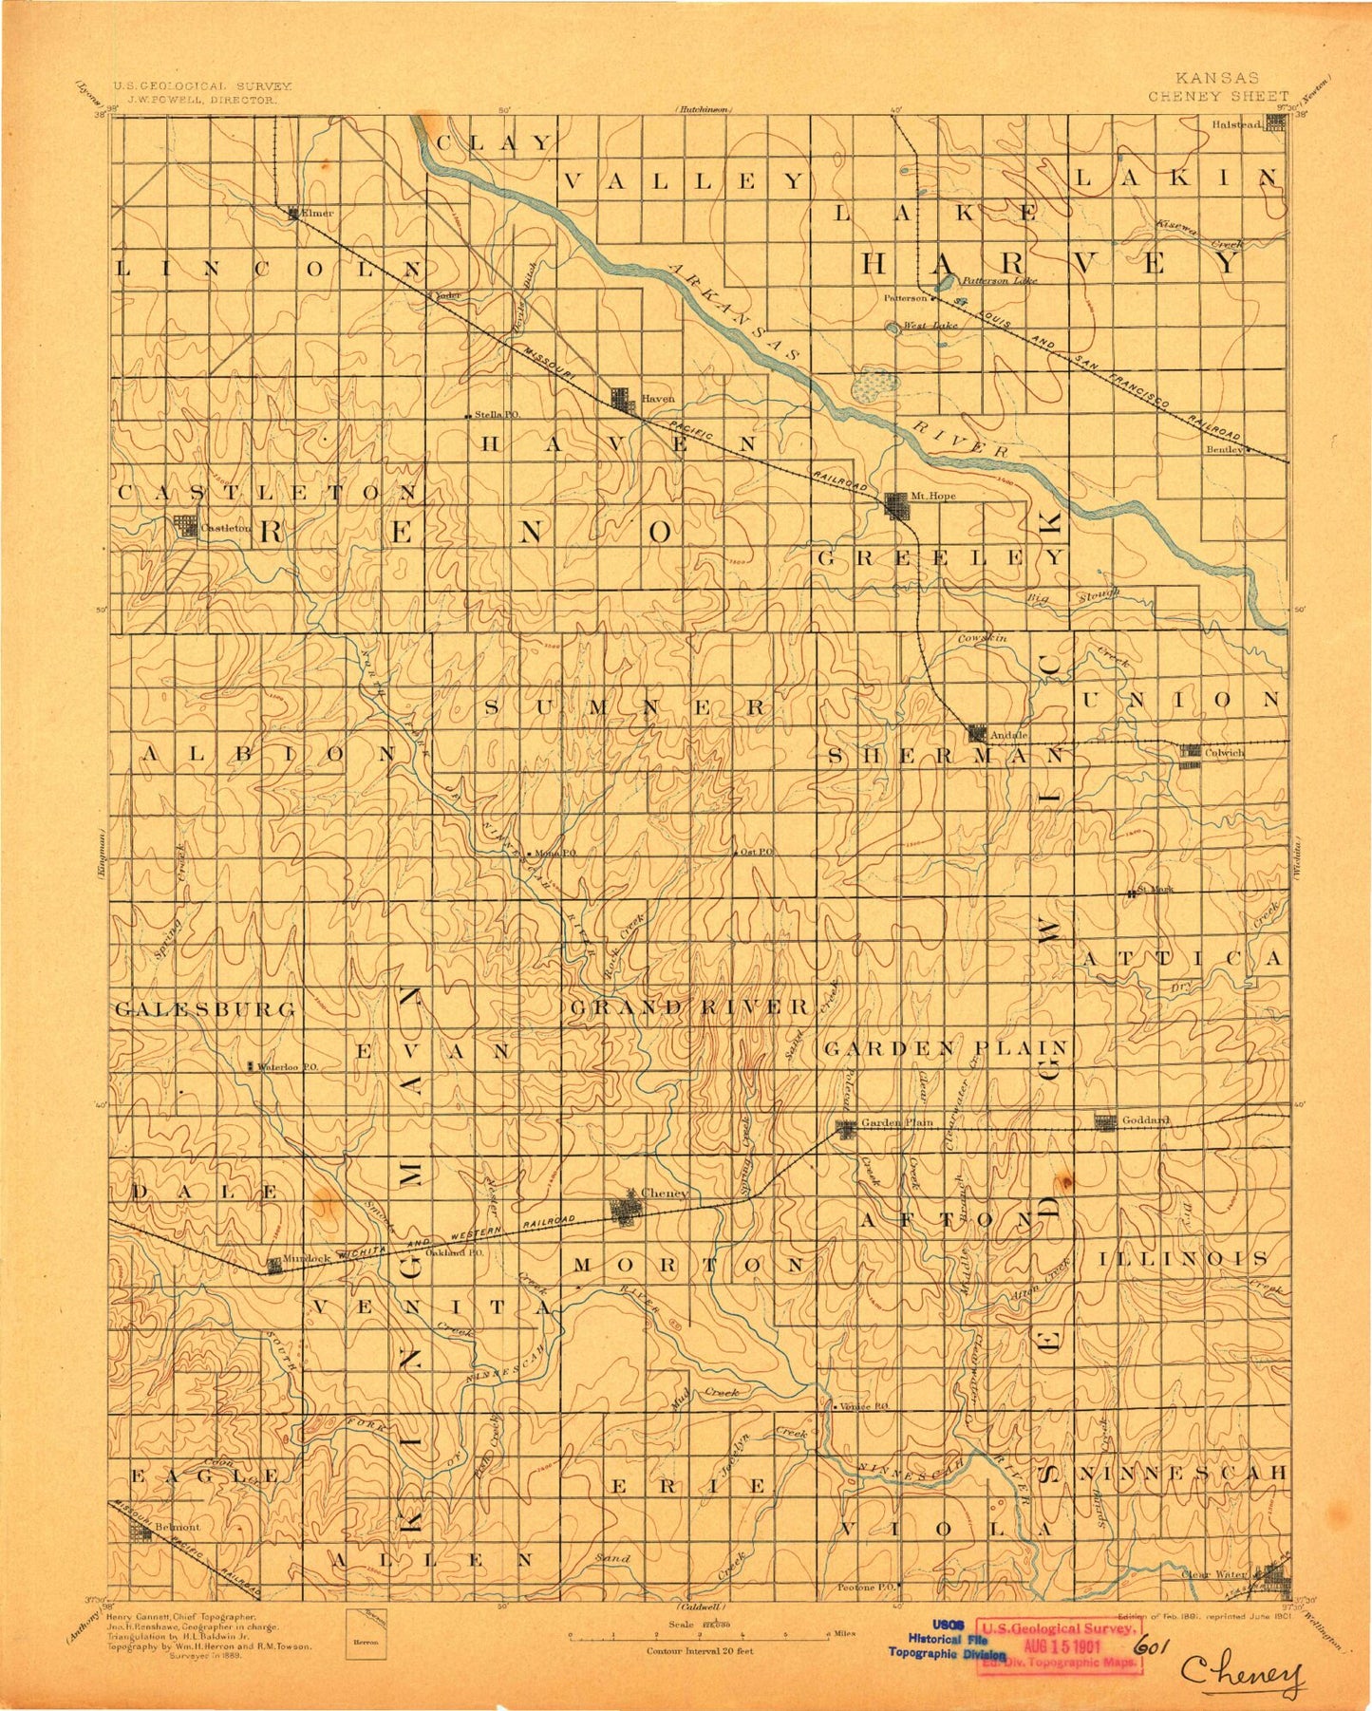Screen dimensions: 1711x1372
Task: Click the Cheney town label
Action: [664, 1193]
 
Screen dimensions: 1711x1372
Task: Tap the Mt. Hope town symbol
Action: [896, 505]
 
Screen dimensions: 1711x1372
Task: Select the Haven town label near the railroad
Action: [657, 399]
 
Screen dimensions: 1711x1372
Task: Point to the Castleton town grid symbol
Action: [184, 527]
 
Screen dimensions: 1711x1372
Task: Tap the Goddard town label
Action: [1145, 1120]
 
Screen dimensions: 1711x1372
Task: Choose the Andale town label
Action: [1008, 735]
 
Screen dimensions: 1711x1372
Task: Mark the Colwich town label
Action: [1225, 752]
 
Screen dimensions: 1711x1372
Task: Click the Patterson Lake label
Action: [998, 280]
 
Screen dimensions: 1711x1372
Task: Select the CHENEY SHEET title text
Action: [1218, 96]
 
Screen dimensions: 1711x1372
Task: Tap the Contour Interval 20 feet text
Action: [699, 1650]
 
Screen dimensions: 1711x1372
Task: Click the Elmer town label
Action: [317, 214]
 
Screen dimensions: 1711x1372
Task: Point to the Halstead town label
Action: [1236, 123]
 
